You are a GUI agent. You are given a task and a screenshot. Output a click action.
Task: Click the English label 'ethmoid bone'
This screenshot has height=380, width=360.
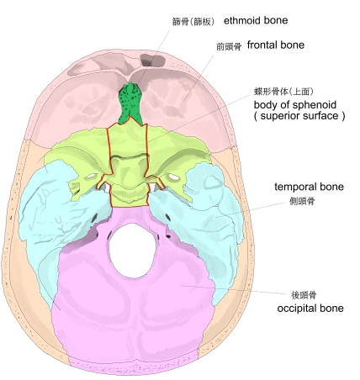click(256, 20)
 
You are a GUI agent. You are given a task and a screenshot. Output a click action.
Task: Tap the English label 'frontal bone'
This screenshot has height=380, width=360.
click(276, 45)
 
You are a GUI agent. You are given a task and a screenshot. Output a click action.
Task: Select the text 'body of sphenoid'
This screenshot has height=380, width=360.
click(295, 105)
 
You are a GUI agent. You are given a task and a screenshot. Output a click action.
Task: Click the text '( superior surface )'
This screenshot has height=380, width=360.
click(299, 116)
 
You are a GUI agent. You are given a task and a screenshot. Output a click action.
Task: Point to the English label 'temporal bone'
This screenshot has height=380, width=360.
click(309, 187)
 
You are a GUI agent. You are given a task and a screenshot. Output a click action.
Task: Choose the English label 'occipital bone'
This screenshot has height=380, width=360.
click(310, 309)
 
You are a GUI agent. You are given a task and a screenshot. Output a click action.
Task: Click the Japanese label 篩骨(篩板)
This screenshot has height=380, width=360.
click(193, 22)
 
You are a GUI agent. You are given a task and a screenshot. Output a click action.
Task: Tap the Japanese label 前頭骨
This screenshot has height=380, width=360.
click(229, 46)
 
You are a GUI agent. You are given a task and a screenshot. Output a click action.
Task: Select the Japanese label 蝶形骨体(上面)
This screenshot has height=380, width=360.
click(283, 92)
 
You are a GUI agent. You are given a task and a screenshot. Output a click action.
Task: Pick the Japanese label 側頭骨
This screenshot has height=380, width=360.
click(302, 201)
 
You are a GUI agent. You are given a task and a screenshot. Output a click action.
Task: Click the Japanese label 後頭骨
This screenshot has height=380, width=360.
click(304, 295)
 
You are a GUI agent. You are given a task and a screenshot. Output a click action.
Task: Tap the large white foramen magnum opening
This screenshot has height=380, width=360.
click(132, 250)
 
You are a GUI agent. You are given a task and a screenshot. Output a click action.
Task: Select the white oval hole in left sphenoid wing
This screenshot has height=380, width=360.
click(92, 177)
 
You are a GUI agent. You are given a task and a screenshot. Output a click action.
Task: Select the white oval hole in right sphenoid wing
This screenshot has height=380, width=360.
click(173, 177)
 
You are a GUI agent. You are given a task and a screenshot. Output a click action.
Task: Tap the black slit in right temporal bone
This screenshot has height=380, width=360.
click(167, 216)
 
